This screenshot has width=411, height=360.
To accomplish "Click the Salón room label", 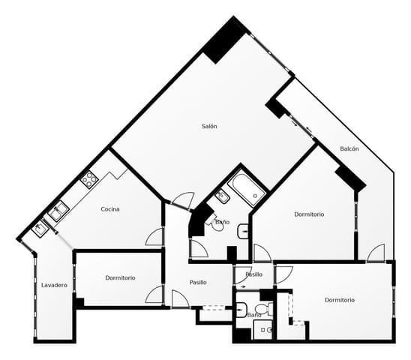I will click(209, 126).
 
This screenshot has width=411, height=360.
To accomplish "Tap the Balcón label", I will click(349, 148).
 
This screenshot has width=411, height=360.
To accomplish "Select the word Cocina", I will click(110, 209).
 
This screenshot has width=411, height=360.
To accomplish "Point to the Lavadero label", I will click(54, 285).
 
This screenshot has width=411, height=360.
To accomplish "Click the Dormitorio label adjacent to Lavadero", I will click(120, 277).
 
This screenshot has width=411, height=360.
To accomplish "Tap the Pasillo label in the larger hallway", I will click(198, 282).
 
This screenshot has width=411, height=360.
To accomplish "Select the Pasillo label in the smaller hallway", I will click(254, 274).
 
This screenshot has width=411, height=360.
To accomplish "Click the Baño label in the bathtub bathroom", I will click(223, 223).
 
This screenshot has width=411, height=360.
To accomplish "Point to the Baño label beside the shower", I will click(254, 315).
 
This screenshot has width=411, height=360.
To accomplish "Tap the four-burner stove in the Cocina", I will click(89, 178).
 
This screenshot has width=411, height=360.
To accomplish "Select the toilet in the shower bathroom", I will click(262, 309).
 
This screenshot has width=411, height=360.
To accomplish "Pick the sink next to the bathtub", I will click(222, 197).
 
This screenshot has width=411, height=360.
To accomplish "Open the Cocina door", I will click(155, 238).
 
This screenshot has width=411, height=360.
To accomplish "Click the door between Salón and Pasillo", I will click(183, 200).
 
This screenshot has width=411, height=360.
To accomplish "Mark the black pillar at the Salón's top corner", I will click(225, 40).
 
